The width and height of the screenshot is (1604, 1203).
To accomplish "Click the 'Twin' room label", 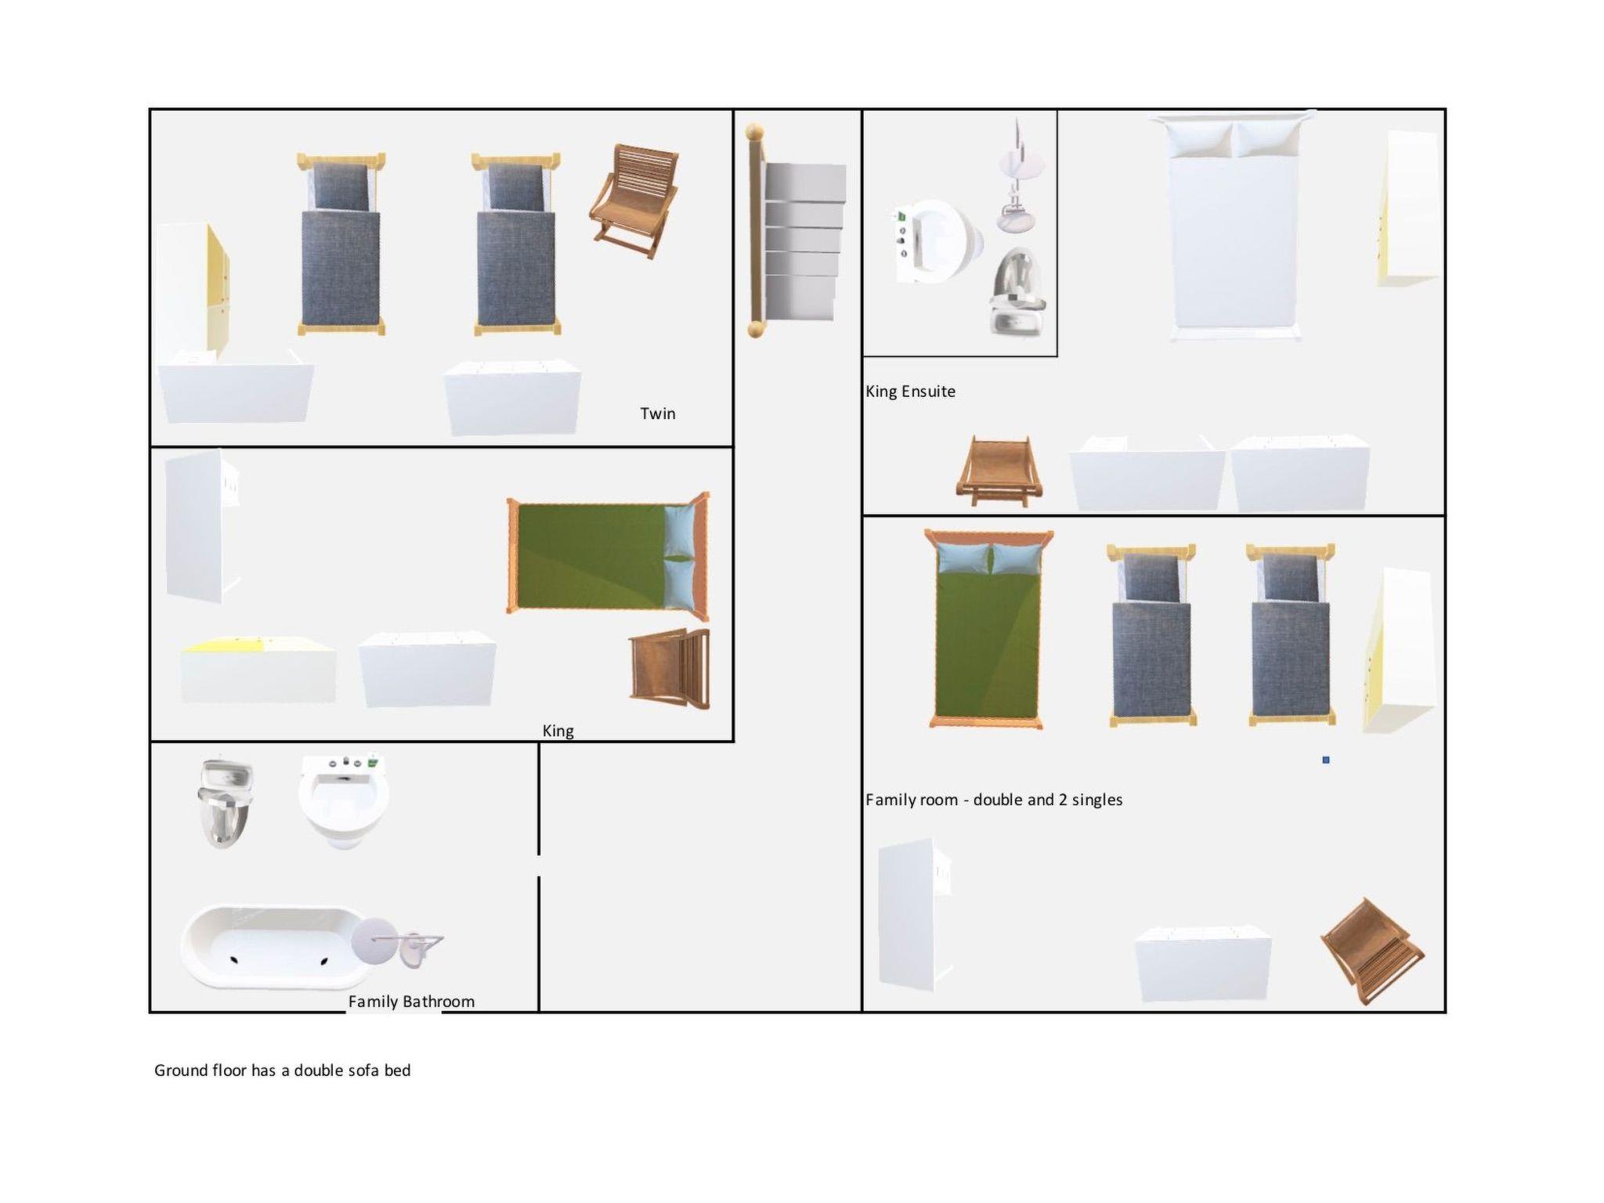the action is pyautogui.click(x=657, y=414).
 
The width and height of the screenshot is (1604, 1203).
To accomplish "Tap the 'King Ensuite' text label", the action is pyautogui.click(x=910, y=392).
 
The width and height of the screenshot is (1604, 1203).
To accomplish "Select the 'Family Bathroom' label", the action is pyautogui.click(x=411, y=1002).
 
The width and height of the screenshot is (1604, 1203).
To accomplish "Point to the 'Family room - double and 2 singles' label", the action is pyautogui.click(x=994, y=800).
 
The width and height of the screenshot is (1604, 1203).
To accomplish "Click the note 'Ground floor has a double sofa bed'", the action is pyautogui.click(x=282, y=1071).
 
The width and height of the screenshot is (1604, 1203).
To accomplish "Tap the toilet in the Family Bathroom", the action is pyautogui.click(x=226, y=803).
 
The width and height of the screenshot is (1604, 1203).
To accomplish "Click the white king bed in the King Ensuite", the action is pyautogui.click(x=1233, y=226).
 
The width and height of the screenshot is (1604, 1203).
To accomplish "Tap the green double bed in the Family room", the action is pyautogui.click(x=988, y=629).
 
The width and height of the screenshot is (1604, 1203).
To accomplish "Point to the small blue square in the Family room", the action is pyautogui.click(x=1326, y=760).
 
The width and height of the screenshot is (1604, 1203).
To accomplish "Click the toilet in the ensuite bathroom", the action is pyautogui.click(x=1017, y=291).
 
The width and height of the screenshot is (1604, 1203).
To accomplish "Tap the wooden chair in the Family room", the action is pyautogui.click(x=1372, y=951).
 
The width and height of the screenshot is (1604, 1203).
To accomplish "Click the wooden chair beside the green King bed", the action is pyautogui.click(x=670, y=668).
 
